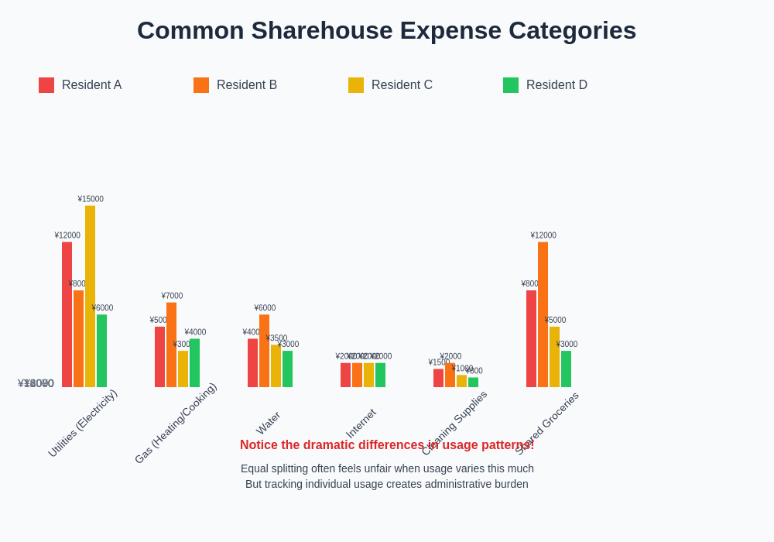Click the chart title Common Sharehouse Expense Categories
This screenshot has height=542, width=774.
click(386, 30)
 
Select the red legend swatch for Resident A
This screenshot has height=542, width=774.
click(46, 85)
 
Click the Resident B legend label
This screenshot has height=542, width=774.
click(246, 85)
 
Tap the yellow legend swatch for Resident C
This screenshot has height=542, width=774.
click(356, 85)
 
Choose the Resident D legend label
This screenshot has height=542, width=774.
click(556, 85)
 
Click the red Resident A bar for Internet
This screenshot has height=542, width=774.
click(346, 375)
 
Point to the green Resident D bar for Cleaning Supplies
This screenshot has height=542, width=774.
click(474, 382)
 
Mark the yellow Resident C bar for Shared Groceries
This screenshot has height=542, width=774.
click(555, 357)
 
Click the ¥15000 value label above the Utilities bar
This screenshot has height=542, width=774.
click(91, 199)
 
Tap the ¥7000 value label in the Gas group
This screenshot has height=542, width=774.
click(172, 296)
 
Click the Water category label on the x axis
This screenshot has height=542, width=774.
click(269, 423)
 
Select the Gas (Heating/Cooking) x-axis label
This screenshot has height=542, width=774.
click(176, 423)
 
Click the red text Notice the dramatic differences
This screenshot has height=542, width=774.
click(386, 445)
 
